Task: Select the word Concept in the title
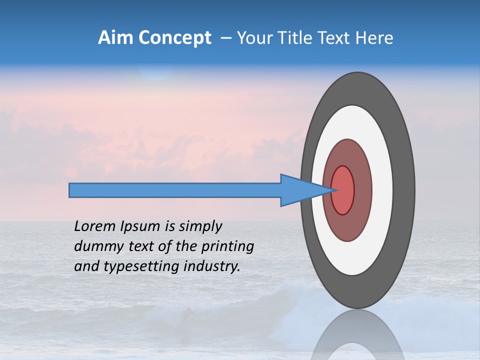[x=174, y=38]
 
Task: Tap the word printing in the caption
[x=227, y=246]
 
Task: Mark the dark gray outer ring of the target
[x=403, y=190]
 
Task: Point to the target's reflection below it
[x=357, y=340]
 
